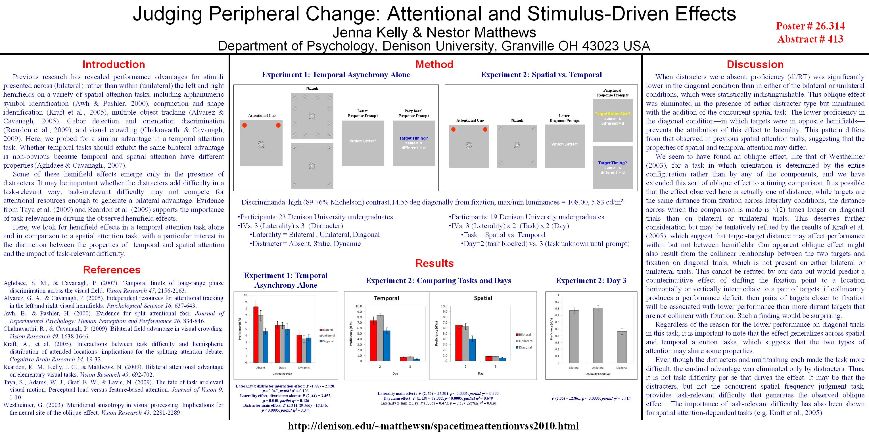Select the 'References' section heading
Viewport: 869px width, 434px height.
tap(112, 269)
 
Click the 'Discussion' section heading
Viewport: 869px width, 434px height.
tap(755, 64)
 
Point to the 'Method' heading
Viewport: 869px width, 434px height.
tap(434, 64)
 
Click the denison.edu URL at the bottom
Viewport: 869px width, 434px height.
tap(433, 426)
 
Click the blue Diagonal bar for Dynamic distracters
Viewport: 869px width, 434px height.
tap(309, 350)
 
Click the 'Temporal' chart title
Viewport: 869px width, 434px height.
tap(387, 298)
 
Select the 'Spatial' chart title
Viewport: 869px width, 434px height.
tap(483, 298)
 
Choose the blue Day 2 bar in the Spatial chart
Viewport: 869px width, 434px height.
tap(472, 349)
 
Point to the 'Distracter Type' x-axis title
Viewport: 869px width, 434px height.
tap(282, 374)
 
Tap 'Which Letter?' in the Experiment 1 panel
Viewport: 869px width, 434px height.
tap(363, 141)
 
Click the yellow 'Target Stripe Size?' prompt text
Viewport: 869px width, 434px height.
tap(613, 114)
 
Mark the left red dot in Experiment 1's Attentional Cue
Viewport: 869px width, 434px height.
tap(245, 125)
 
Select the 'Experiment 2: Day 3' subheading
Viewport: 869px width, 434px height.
tap(591, 281)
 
